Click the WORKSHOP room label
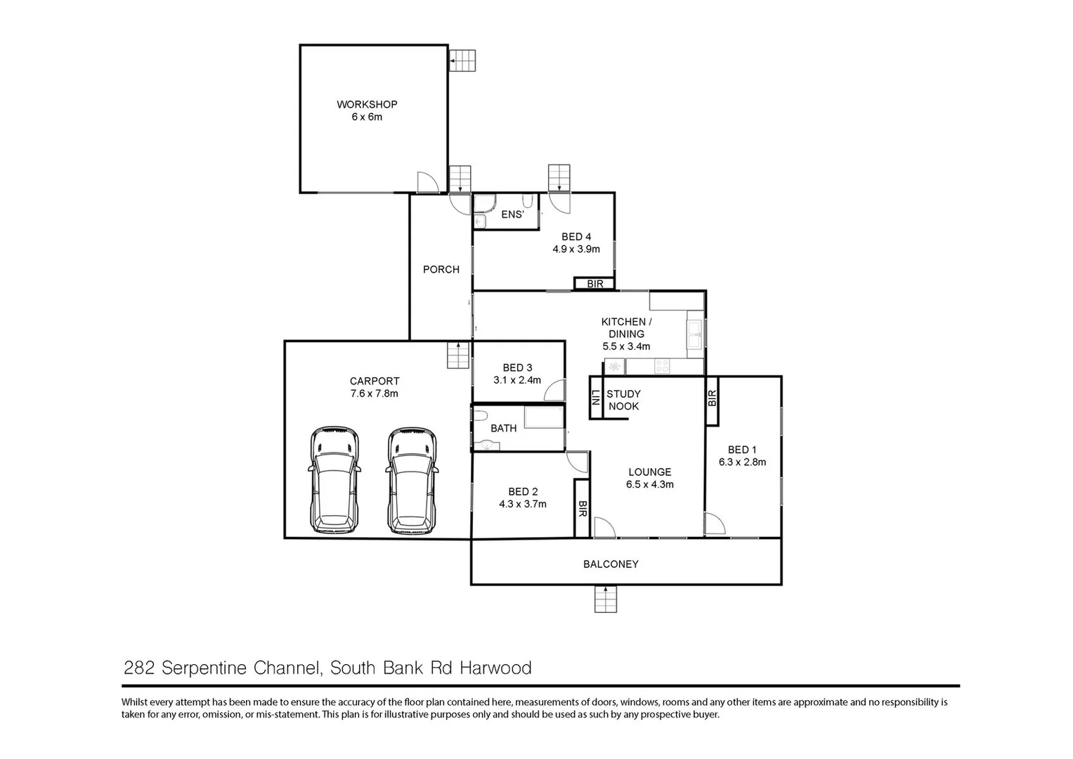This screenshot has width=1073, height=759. point(367,104)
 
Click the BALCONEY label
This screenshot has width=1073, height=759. point(611,564)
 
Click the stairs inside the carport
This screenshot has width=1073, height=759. point(458,355)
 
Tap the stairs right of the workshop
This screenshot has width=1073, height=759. point(462,60)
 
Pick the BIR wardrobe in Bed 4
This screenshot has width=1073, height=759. point(594,284)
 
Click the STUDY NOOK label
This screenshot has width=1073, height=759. point(623,400)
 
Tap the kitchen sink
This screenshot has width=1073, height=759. point(695,334)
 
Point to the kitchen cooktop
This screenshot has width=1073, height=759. point(662,366)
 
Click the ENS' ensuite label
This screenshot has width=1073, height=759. point(512,214)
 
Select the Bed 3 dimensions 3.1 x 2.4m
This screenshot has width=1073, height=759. point(517,380)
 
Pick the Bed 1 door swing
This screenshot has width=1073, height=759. point(714,524)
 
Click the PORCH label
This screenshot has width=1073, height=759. point(441,269)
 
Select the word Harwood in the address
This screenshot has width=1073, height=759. point(495,668)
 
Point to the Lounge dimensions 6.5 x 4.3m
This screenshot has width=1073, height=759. point(650,484)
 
